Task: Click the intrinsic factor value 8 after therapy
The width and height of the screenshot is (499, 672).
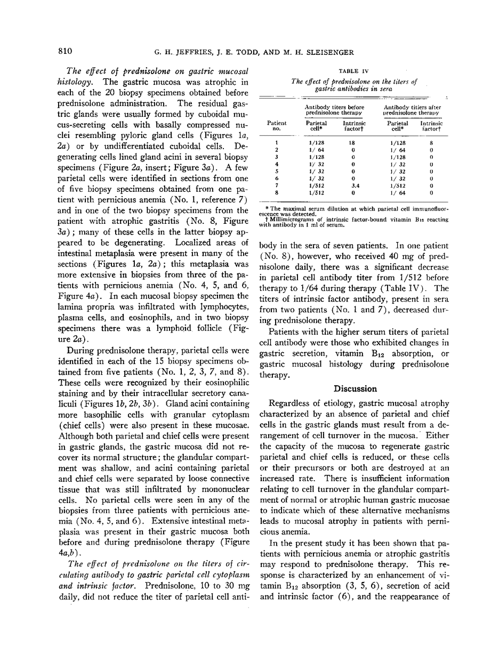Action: click(431, 143)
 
